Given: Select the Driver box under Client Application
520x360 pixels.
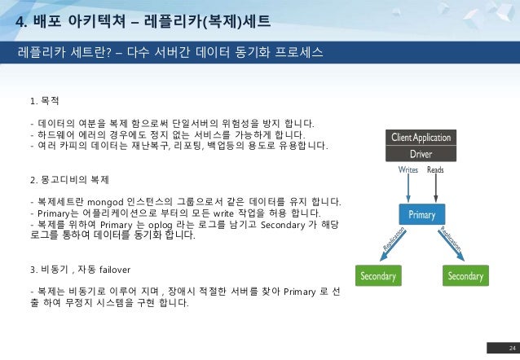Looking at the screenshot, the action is tap(421, 152).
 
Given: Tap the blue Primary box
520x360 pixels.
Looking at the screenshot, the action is tap(421, 215).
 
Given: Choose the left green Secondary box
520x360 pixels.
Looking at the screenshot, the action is tap(378, 276).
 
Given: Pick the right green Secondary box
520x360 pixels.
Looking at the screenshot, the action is tap(465, 276).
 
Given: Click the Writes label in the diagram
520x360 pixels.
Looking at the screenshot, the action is tap(408, 170).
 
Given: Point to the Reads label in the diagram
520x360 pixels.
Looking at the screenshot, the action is tap(436, 170).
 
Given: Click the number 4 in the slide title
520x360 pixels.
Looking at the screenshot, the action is tap(20, 19).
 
